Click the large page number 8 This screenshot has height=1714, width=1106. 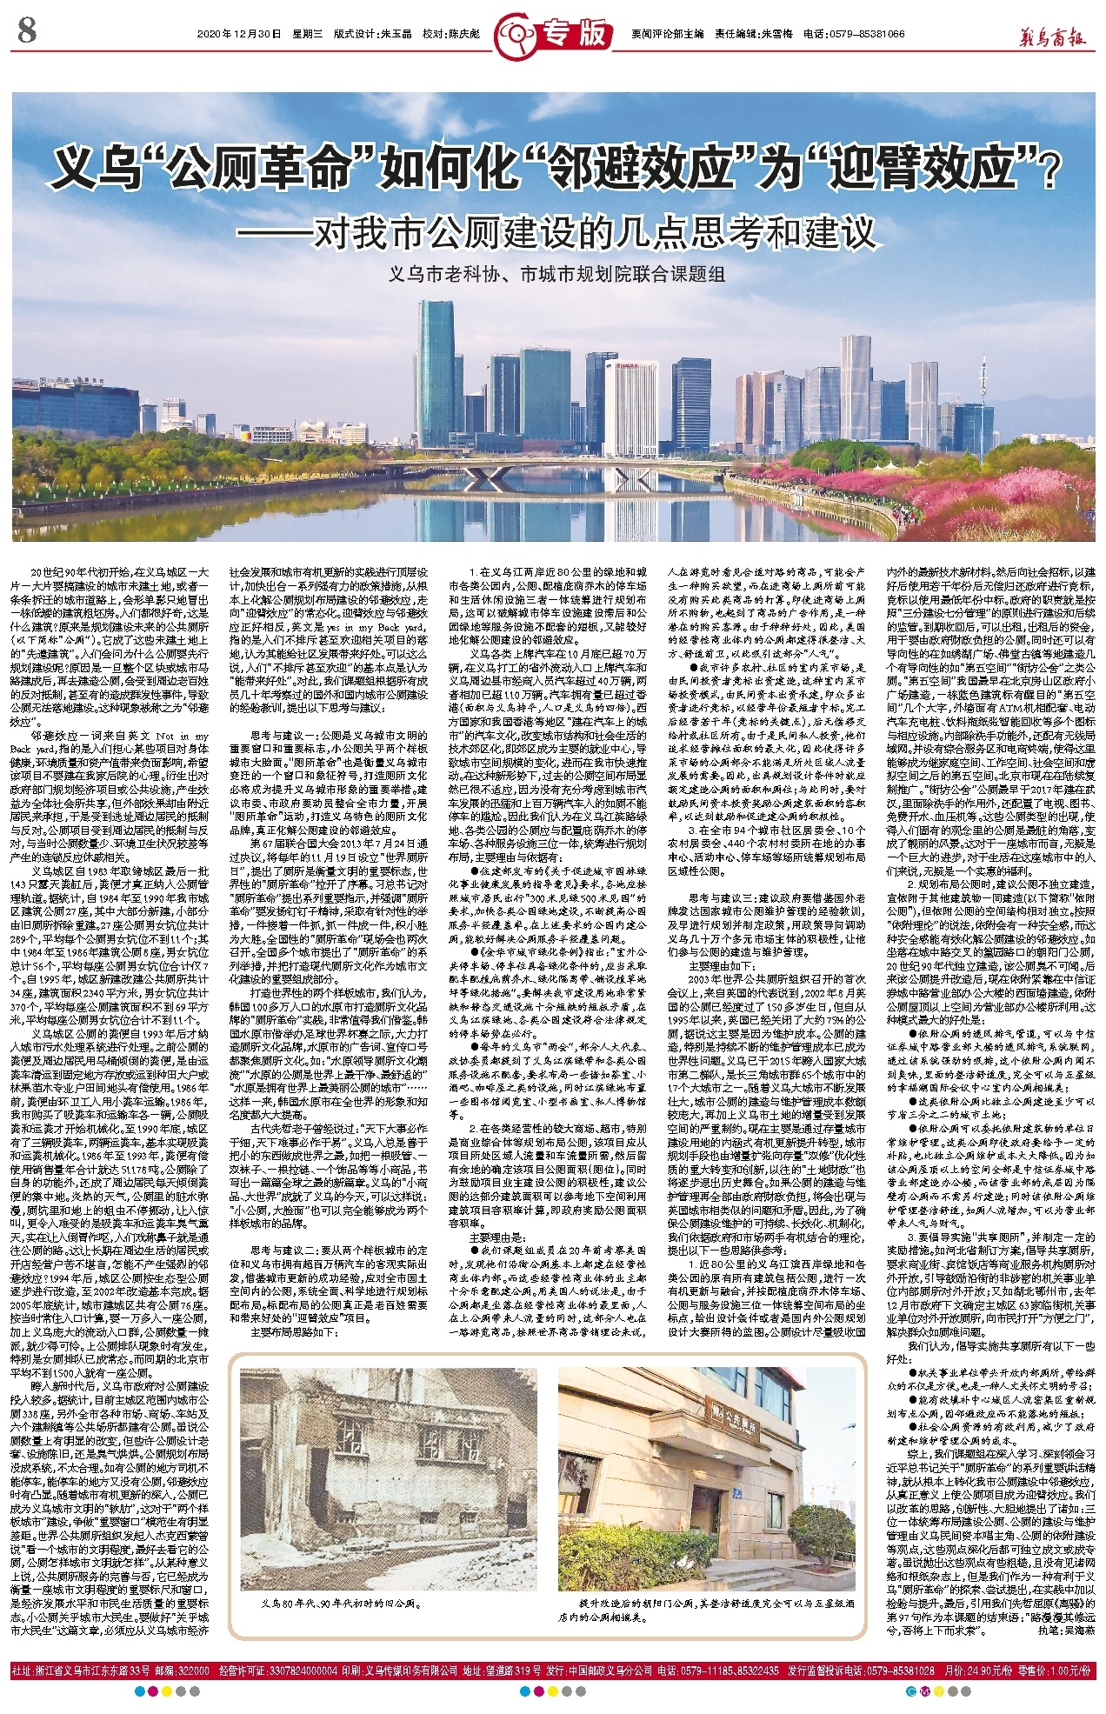(x=27, y=33)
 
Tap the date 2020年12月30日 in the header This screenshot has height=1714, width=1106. (x=239, y=34)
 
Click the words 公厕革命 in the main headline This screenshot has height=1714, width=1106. (x=256, y=168)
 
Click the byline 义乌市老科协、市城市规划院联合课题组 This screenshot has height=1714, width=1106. (x=556, y=275)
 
